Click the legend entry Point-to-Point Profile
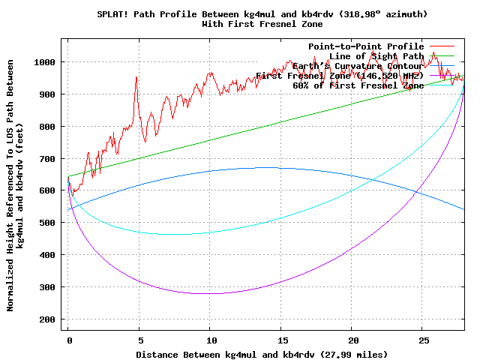click(x=366, y=46)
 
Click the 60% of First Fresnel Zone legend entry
click(x=358, y=85)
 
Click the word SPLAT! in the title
click(x=113, y=14)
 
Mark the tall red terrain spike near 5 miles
click(x=136, y=77)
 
